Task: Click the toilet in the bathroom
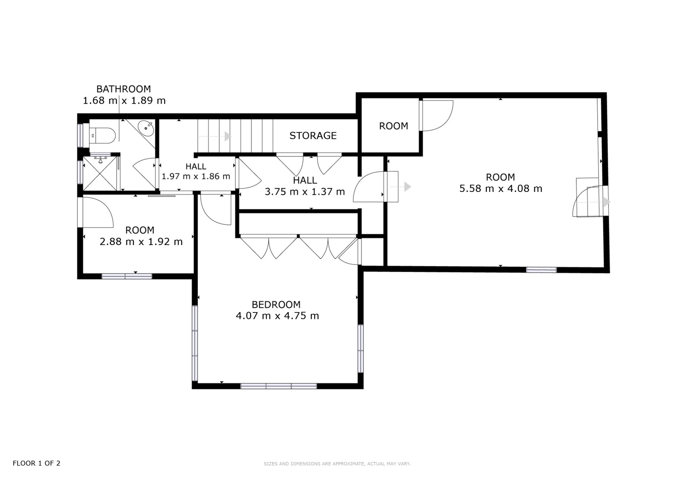click(103, 136)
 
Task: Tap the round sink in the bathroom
click(146, 128)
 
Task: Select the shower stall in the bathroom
click(100, 173)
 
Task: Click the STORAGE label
click(313, 136)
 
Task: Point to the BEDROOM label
click(276, 305)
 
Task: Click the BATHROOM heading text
click(124, 89)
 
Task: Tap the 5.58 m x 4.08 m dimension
click(500, 189)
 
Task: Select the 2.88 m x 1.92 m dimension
click(141, 242)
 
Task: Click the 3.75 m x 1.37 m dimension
click(305, 191)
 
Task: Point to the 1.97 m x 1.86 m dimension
click(196, 176)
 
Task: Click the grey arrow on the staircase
click(214, 136)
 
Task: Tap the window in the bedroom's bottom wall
click(279, 386)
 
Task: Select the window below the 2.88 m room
click(127, 276)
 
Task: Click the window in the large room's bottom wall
click(541, 270)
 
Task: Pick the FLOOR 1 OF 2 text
click(36, 463)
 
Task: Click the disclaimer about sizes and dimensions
click(337, 464)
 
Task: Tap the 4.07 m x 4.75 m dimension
click(277, 316)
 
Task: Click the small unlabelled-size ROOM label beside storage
click(394, 126)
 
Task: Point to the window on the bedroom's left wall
click(195, 343)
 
